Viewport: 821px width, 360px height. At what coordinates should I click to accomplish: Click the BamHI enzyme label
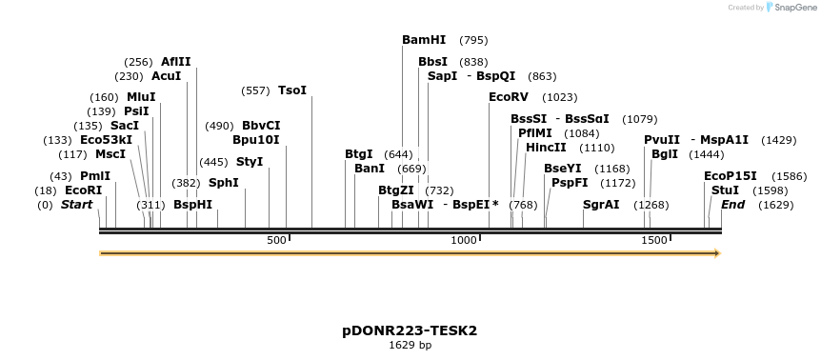pos(424,40)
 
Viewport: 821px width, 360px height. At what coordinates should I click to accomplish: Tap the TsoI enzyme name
pos(292,90)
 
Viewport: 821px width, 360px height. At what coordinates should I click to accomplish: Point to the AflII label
pos(175,62)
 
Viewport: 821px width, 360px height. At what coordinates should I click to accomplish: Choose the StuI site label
pos(725,190)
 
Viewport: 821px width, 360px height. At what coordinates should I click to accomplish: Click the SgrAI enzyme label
pos(601,205)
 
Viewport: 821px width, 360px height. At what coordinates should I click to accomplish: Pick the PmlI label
pos(95,176)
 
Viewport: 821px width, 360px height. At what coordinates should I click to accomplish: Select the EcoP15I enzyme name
pos(731,176)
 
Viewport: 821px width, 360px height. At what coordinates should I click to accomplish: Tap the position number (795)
pos(473,40)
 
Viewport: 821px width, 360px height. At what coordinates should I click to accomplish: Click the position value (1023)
pos(560,97)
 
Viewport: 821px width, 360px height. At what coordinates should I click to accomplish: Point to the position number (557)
pos(255,90)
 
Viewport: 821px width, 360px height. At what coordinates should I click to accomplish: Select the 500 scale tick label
pos(276,240)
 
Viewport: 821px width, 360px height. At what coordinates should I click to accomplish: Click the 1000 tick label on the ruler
pos(464,240)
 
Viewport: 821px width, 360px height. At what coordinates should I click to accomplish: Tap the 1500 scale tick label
pos(654,240)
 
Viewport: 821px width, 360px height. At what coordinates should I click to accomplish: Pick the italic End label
pos(732,205)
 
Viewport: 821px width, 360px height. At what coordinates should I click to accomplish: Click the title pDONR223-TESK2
pos(410,330)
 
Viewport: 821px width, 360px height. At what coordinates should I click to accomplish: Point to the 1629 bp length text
pos(410,345)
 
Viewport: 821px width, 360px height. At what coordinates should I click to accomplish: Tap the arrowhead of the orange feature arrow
pos(717,253)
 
